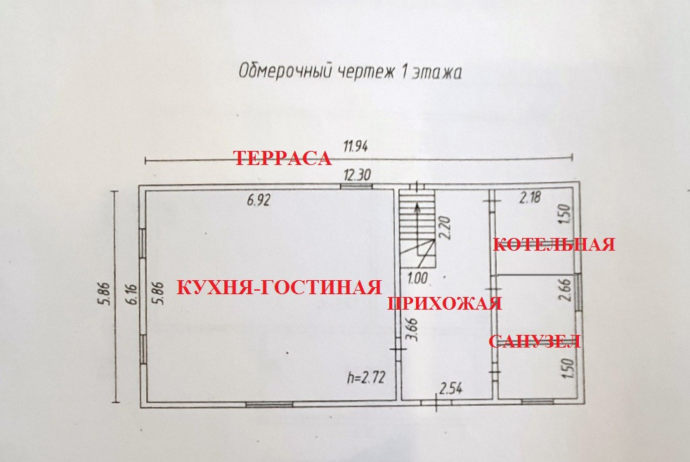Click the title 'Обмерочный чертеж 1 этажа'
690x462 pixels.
350,72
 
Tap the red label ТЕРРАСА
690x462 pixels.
282,159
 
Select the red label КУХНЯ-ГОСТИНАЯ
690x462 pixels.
278,287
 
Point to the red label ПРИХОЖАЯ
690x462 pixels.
445,304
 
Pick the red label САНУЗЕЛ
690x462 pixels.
534,342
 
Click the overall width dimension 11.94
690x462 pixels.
356,147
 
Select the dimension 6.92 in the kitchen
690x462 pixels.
258,199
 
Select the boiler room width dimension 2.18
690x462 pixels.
531,199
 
